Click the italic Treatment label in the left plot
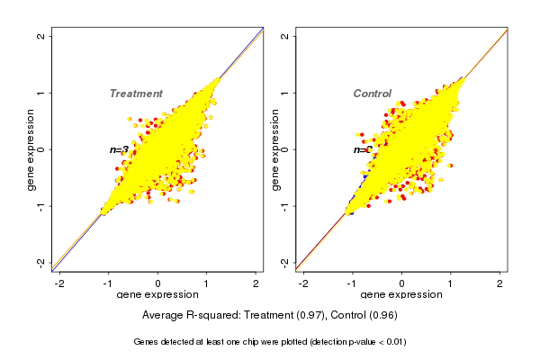tap(136, 94)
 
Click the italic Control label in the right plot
tap(372, 94)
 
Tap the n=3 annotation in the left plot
tap(119, 149)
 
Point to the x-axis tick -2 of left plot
tap(59, 283)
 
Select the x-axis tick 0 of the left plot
tap(158, 283)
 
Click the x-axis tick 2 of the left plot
tap(256, 283)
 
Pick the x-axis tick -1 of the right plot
tap(352, 283)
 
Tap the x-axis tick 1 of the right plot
tap(452, 283)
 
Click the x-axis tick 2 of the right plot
tap(501, 283)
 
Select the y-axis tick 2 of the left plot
tap(41, 37)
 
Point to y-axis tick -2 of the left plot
tap(41, 262)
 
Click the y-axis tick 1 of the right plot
tap(285, 93)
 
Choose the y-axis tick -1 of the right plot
tap(285, 205)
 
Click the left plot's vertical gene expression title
tap(31, 149)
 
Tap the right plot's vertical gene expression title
tap(274, 149)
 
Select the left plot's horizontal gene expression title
tap(157, 295)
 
